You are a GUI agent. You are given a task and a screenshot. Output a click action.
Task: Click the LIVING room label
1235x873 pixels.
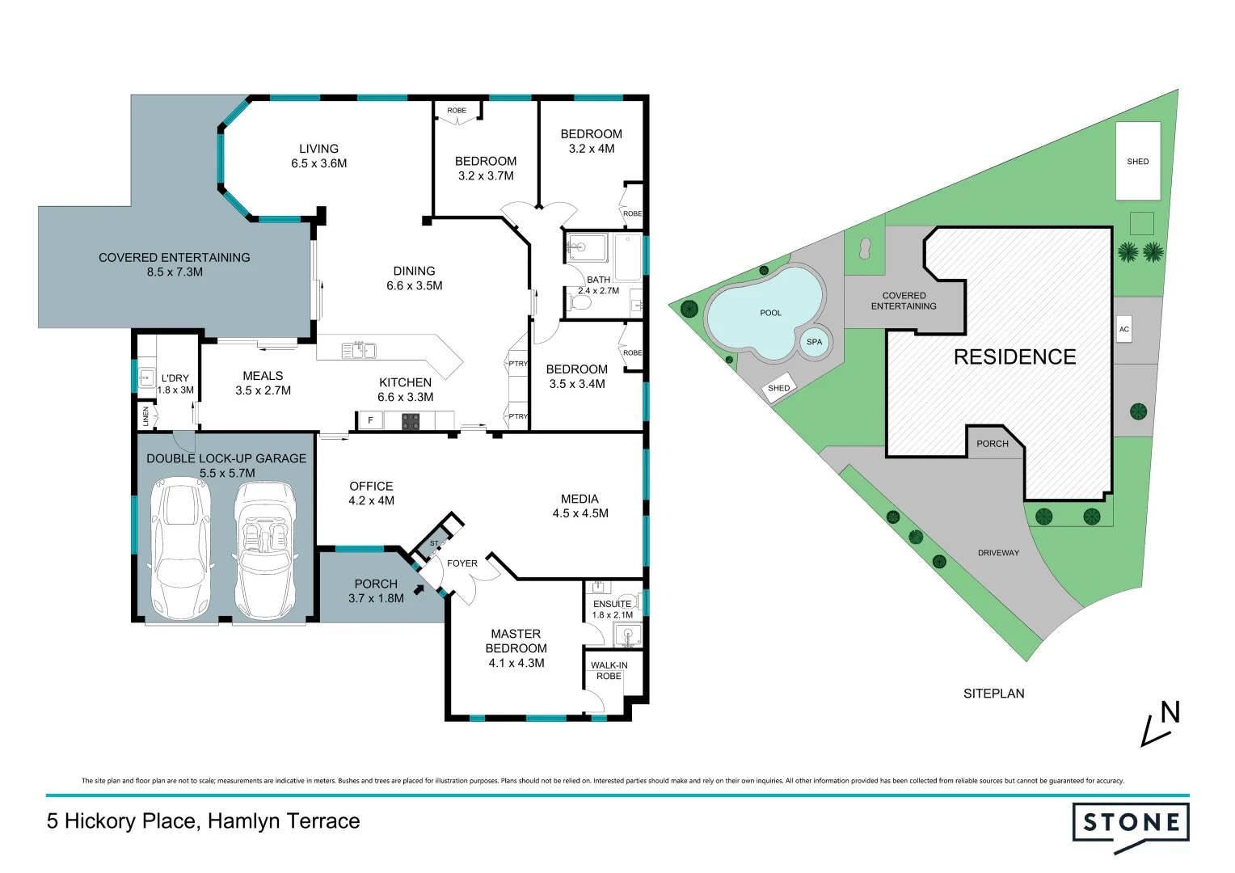tap(318, 149)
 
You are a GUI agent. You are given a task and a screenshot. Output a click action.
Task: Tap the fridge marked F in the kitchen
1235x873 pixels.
tap(370, 420)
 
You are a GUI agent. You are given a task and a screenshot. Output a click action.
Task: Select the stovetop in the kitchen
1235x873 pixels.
tap(411, 420)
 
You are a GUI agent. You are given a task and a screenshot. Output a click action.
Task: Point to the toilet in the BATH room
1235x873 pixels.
tap(580, 303)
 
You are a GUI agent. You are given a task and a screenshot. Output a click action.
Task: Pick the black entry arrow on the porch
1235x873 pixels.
tap(419, 589)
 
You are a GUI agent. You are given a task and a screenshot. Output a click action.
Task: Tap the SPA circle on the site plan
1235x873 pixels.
tap(814, 342)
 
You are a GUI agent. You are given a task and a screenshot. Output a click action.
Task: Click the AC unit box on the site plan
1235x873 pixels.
tap(1123, 330)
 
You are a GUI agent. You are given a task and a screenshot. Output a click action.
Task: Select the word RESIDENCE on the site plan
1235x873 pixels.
tap(1014, 357)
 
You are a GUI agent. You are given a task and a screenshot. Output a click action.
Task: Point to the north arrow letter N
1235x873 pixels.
tap(1170, 713)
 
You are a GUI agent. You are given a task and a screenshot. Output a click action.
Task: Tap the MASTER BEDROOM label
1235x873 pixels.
tap(516, 641)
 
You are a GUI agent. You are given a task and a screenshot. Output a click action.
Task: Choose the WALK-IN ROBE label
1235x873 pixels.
tap(609, 671)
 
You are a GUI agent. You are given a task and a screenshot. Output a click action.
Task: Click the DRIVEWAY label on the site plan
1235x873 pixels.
tap(998, 553)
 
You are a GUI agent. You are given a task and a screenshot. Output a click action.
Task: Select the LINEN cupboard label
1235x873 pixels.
tap(146, 416)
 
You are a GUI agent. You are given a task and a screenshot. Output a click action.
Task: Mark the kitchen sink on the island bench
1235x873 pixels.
tap(358, 350)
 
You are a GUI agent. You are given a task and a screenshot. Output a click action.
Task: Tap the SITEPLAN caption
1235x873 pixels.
tap(993, 694)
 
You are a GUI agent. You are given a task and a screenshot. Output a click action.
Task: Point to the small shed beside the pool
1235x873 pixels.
tap(778, 389)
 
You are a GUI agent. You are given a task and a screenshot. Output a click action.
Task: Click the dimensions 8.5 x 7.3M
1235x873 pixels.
tap(175, 272)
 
